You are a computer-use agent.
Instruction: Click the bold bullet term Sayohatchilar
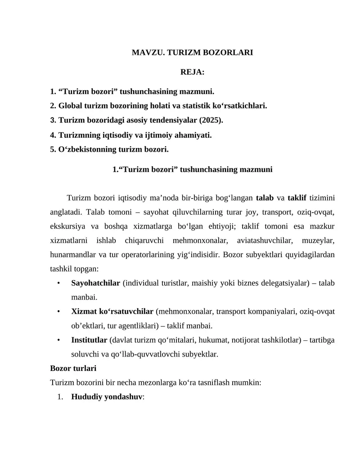tap(95, 283)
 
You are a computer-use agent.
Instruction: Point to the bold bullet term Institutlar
tap(89, 339)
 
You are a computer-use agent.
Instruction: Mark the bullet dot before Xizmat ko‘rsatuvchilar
tap(59, 311)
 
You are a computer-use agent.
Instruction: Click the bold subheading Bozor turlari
tap(73, 368)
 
